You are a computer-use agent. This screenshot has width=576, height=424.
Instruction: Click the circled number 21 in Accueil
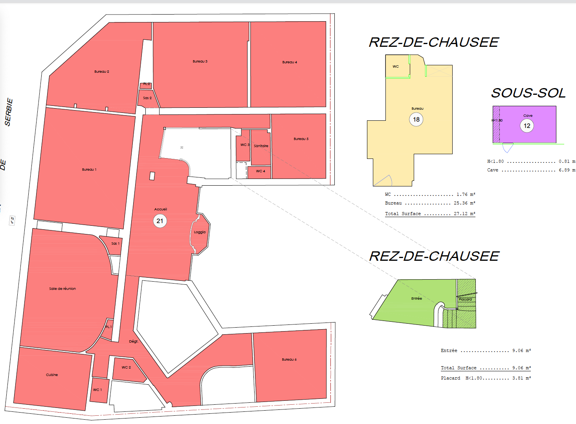[160, 221]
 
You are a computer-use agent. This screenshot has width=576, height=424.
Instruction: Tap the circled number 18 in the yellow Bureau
[416, 119]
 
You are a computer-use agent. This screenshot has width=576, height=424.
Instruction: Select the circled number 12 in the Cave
[527, 126]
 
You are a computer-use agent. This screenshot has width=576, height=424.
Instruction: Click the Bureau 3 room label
[200, 61]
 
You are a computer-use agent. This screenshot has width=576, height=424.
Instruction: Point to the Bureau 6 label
[289, 359]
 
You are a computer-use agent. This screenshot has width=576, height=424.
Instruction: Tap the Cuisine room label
[52, 375]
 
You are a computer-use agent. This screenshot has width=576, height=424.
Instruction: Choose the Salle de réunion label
[62, 289]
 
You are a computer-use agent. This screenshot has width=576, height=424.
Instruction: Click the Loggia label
[200, 232]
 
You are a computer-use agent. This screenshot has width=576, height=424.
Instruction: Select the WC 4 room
[260, 171]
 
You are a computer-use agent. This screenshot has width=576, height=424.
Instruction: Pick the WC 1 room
[97, 390]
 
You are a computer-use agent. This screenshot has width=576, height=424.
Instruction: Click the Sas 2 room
[147, 98]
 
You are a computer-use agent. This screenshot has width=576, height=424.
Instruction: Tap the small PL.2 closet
[146, 85]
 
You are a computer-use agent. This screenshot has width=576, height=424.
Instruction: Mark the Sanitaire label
[261, 146]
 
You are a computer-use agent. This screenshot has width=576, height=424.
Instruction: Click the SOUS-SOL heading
[528, 93]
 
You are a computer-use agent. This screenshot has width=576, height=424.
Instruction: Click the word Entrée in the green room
[416, 299]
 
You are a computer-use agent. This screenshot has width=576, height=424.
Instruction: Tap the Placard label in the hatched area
[465, 299]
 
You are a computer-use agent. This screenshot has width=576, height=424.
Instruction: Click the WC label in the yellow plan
[396, 66]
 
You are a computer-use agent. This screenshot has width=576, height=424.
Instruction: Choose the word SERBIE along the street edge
[9, 112]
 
